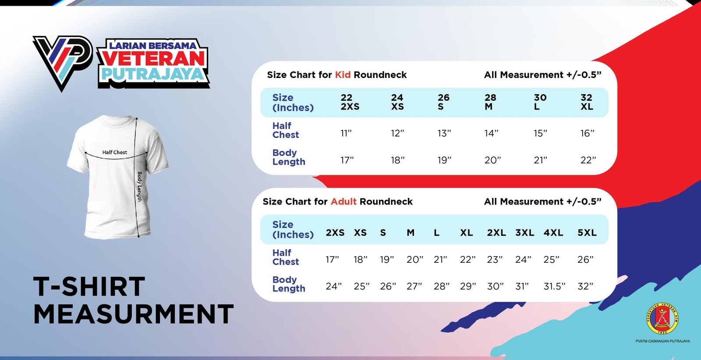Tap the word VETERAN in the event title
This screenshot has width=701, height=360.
[x=153, y=59]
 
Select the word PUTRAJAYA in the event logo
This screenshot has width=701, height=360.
[x=153, y=74]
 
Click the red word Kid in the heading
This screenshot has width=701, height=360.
[x=343, y=75]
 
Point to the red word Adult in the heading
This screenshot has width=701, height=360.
[x=343, y=201]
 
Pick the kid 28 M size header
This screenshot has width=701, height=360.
[x=490, y=102]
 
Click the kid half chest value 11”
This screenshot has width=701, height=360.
[x=346, y=133]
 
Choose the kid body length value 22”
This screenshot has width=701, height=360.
[x=588, y=160]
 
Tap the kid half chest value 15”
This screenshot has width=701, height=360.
[x=541, y=133]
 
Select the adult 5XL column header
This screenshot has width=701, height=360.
[x=587, y=233]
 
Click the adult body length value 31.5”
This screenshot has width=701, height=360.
[x=554, y=286]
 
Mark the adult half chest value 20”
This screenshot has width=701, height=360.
[x=414, y=259]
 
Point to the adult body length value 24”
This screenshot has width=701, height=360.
[x=333, y=286]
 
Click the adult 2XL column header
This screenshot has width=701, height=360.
[x=496, y=233]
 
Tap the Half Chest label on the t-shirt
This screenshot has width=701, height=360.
[x=114, y=152]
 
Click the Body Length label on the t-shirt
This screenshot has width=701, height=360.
[x=140, y=187]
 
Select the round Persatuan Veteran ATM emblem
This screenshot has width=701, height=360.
[x=662, y=318]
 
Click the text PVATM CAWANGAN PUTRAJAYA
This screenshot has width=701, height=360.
[x=663, y=341]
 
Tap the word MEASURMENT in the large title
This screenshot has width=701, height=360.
[x=134, y=314]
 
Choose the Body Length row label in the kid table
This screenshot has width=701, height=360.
[x=289, y=157]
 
